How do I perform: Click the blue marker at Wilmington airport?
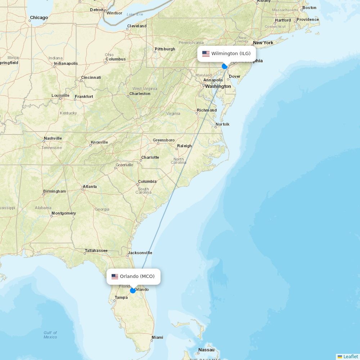pos(225,66)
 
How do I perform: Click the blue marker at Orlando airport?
pos(133,290)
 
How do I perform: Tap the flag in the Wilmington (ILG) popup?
pos(206,54)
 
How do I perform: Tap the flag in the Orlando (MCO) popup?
pos(115,276)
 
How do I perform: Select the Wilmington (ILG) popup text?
pos(231,54)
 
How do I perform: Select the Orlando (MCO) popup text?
pos(137,276)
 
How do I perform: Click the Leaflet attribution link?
pos(350,356)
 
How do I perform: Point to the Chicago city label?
pos(39,18)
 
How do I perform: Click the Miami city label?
pos(157,337)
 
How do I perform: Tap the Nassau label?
pos(206,350)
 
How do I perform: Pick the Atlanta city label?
pos(90,186)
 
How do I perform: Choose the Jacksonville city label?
pos(140,253)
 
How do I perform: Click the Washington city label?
pos(218,86)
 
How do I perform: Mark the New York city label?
pos(263,43)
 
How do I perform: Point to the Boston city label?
pos(309,8)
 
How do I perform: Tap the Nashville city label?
pos(53,138)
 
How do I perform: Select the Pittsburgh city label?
pos(165,49)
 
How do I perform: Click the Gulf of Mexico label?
pos(50,335)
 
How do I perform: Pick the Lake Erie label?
pos(135,14)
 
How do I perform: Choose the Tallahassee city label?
pos(96,251)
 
